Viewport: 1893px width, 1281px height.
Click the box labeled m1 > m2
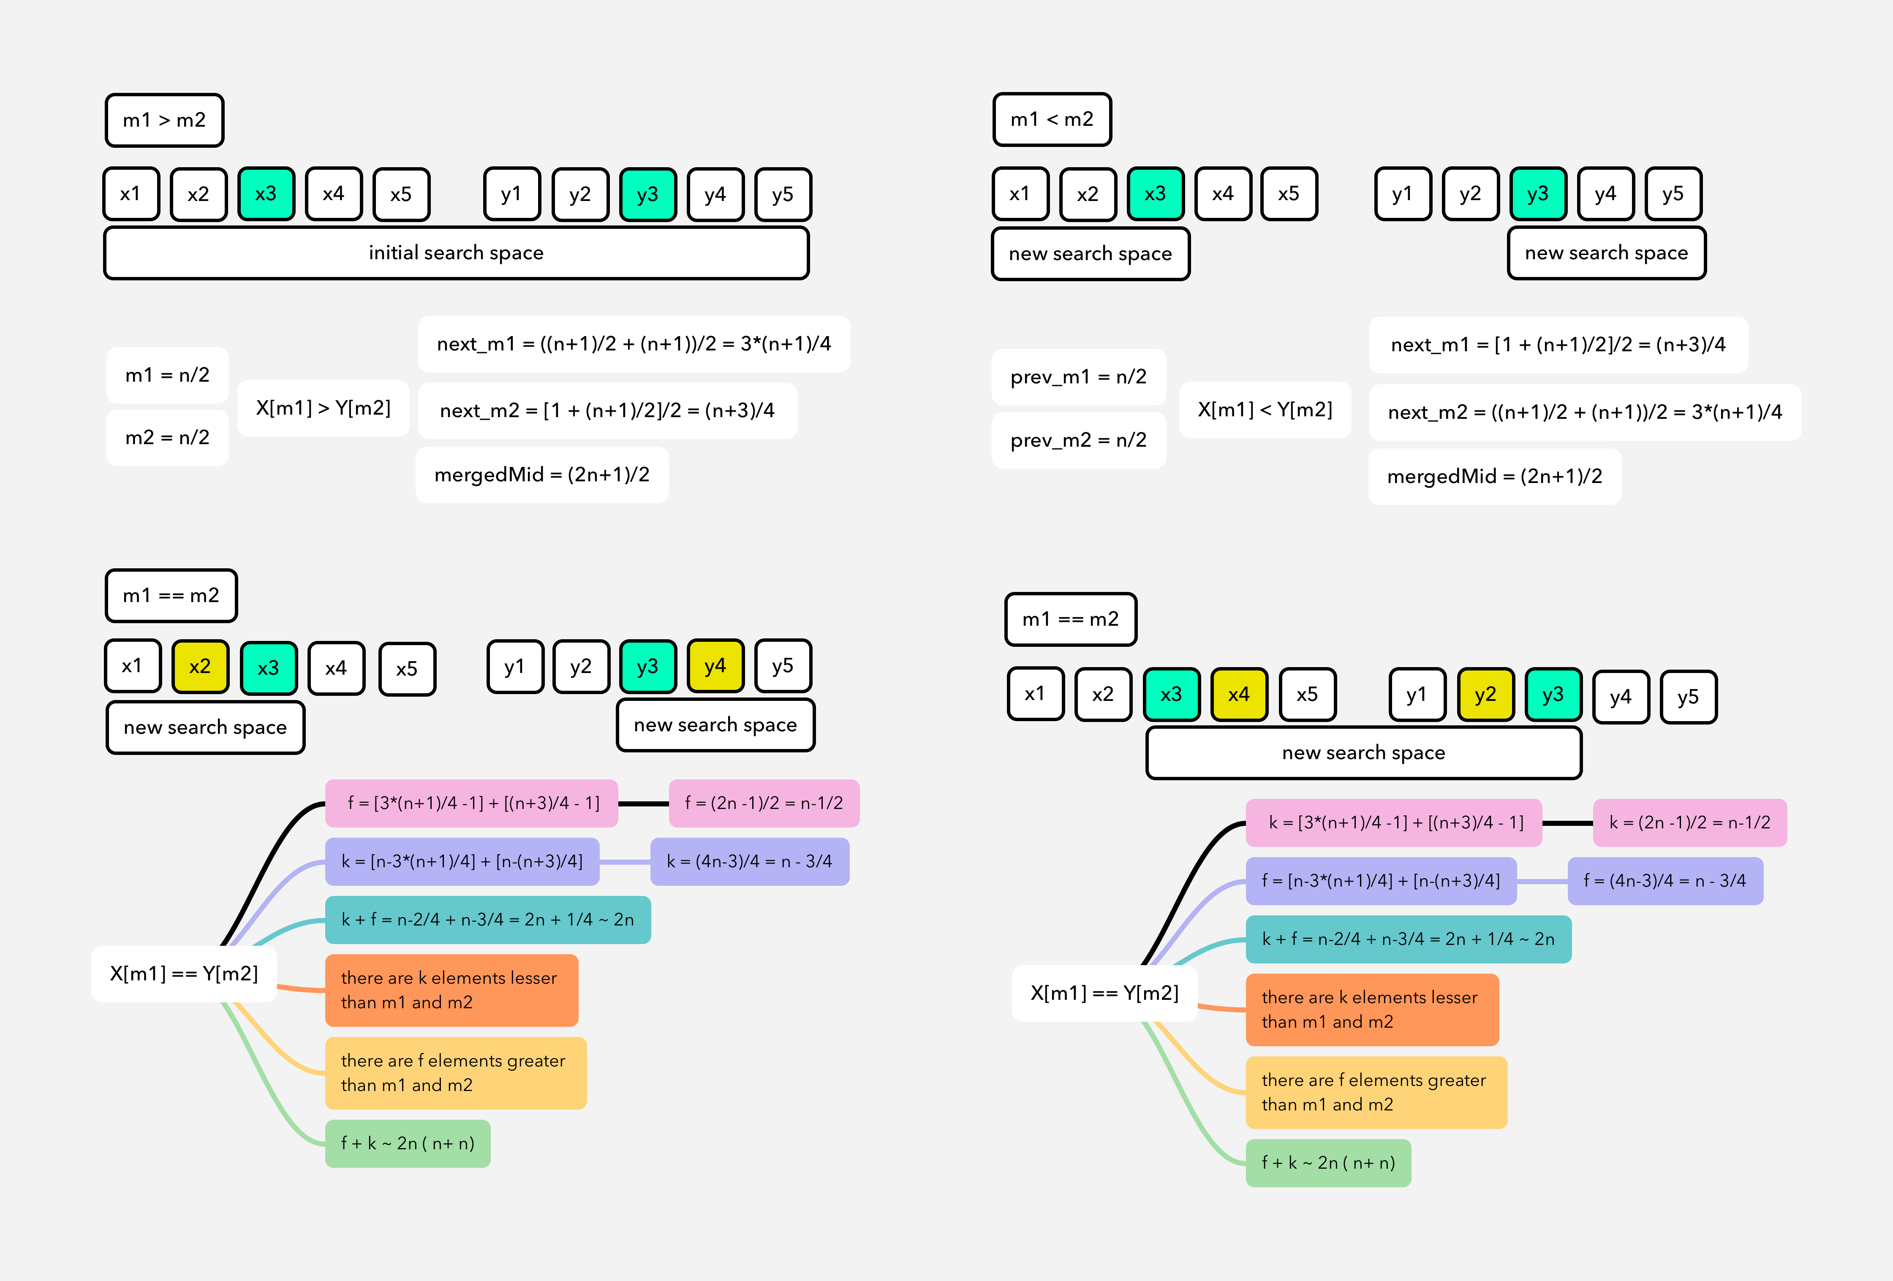(x=164, y=120)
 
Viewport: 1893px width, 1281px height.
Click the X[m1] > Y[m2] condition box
(x=324, y=408)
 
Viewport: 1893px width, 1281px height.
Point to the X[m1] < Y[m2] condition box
(x=1265, y=410)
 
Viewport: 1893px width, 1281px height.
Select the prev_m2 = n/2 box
(x=1078, y=440)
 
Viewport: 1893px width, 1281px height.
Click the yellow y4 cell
(x=715, y=666)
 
